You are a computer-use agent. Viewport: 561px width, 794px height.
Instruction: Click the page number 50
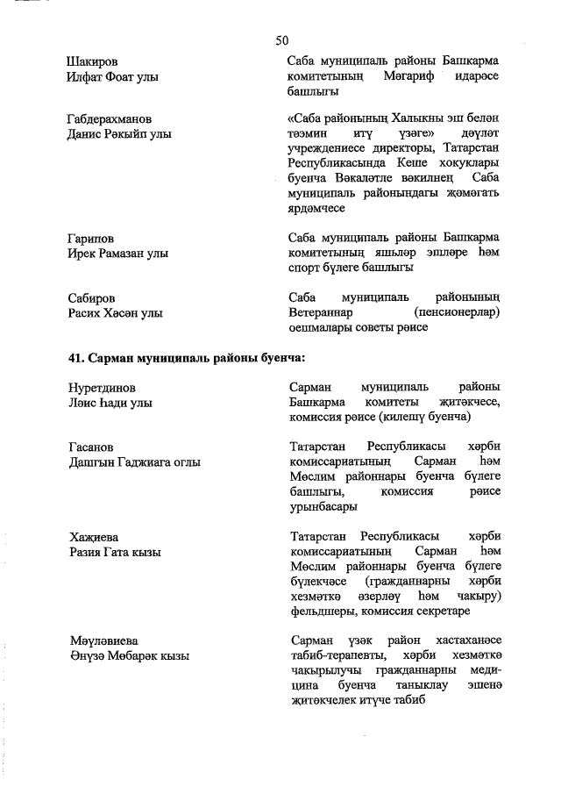click(281, 40)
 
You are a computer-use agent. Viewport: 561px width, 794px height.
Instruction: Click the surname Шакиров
click(93, 62)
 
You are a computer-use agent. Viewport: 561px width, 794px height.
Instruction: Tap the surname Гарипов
click(91, 238)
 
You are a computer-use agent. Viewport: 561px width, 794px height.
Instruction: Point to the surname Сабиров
click(91, 297)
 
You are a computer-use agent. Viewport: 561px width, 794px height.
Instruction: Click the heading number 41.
click(75, 357)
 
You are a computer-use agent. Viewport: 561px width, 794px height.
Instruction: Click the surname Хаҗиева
click(93, 536)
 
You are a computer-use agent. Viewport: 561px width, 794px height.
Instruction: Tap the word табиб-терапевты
click(333, 656)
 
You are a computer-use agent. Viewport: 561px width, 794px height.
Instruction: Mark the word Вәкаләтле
click(366, 179)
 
